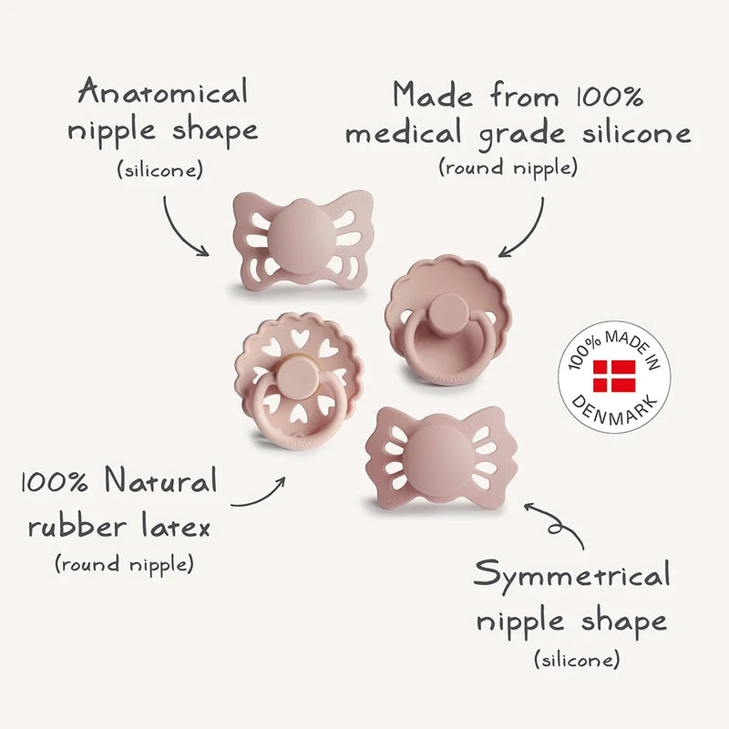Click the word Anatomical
(x=163, y=91)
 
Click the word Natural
(x=161, y=480)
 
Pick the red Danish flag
(x=614, y=375)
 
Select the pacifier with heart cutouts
(x=299, y=381)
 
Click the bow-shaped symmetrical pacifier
(x=436, y=457)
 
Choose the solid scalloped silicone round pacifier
(x=448, y=321)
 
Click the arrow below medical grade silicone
(x=530, y=235)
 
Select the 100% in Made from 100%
(x=610, y=97)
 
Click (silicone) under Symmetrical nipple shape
(x=577, y=659)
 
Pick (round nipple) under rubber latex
(x=124, y=564)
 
